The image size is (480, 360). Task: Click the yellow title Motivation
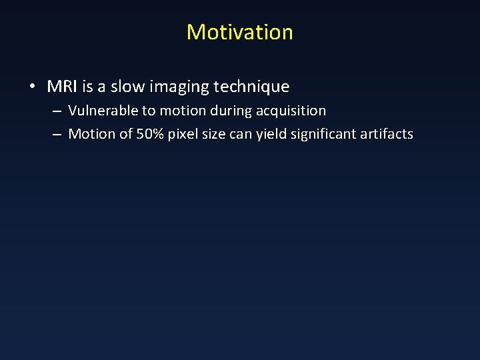pos(239,32)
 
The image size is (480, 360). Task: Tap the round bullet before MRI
pos(33,87)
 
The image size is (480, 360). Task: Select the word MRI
pos(61,87)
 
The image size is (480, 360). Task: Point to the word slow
pos(121,87)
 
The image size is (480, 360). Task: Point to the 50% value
pos(151,134)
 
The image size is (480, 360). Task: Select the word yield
pos(283,134)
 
